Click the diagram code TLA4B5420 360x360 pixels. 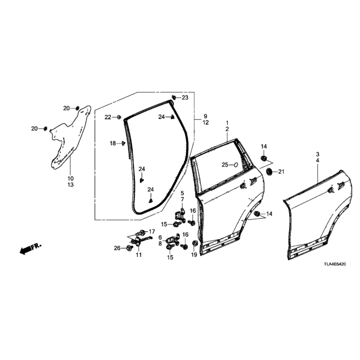(x=335, y=264)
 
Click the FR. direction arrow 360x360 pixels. (x=30, y=249)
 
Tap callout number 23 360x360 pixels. (x=185, y=97)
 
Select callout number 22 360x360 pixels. (x=108, y=118)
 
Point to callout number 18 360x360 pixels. (x=112, y=143)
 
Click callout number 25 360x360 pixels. (x=225, y=165)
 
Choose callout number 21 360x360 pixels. (x=281, y=172)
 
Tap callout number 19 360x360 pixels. (x=194, y=255)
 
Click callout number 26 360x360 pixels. (x=118, y=248)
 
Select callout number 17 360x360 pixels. (x=152, y=231)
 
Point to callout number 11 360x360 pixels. (x=139, y=255)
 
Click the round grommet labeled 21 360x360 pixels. (x=269, y=172)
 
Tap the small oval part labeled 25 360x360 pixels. (x=236, y=165)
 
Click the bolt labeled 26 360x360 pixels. (x=129, y=248)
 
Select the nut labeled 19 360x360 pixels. (x=195, y=244)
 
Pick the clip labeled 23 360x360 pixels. (x=174, y=97)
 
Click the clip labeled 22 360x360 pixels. (x=119, y=118)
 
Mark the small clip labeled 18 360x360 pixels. (x=124, y=143)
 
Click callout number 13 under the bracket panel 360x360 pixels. (x=71, y=184)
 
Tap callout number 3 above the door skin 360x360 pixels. (x=318, y=154)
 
